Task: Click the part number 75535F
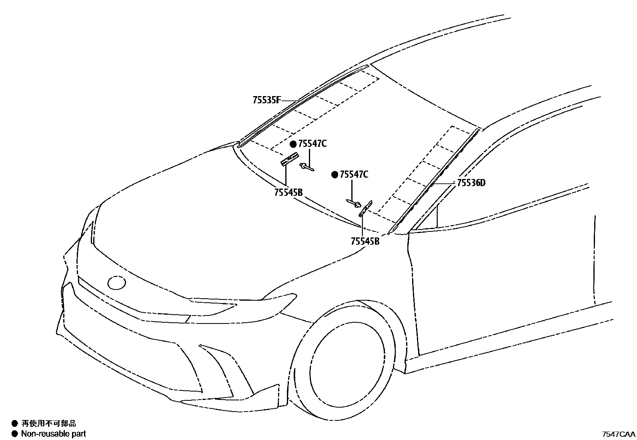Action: pyautogui.click(x=266, y=100)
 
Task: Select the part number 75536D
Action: pyautogui.click(x=471, y=183)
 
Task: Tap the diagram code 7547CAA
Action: pyautogui.click(x=619, y=434)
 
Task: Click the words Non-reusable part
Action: pyautogui.click(x=53, y=433)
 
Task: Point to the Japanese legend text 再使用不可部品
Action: pyautogui.click(x=48, y=423)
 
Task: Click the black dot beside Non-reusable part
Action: pyautogui.click(x=15, y=433)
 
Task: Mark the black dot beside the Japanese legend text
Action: pyautogui.click(x=15, y=423)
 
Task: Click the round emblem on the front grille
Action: pyautogui.click(x=117, y=283)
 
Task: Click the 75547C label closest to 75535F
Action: pyautogui.click(x=312, y=144)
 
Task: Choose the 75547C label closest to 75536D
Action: pyautogui.click(x=354, y=175)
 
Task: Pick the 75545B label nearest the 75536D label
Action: pyautogui.click(x=365, y=241)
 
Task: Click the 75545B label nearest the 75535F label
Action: pyautogui.click(x=288, y=192)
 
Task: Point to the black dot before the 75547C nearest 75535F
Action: pyautogui.click(x=293, y=144)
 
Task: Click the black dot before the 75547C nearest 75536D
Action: pyautogui.click(x=335, y=175)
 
